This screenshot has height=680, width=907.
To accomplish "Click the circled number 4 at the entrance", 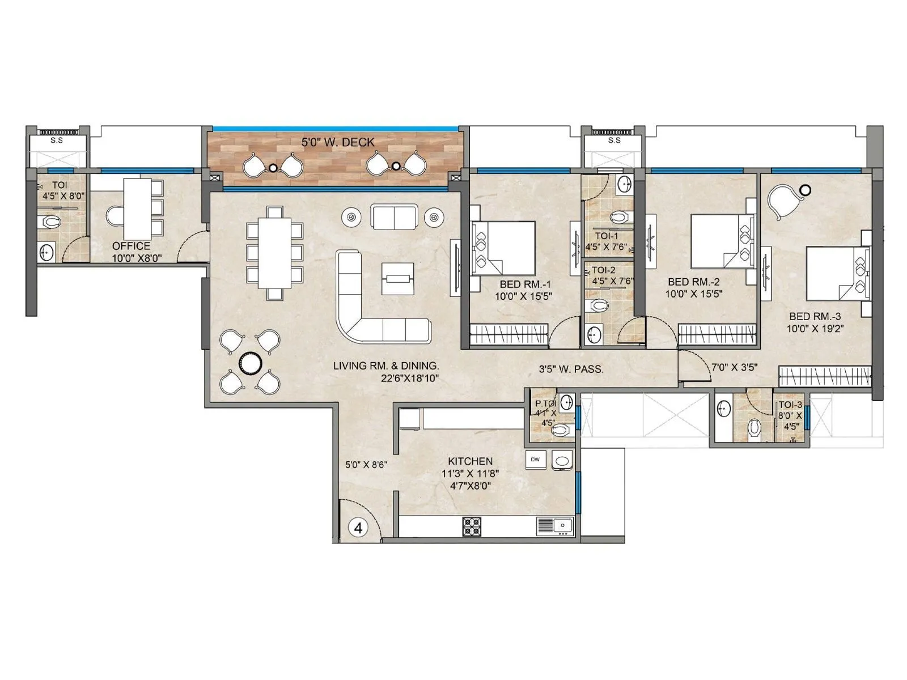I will pyautogui.click(x=358, y=528).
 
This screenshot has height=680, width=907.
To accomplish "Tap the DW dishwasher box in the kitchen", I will pyautogui.click(x=535, y=460).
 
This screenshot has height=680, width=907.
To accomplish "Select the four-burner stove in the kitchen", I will pyautogui.click(x=472, y=526).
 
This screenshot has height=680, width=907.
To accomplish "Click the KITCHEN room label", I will pyautogui.click(x=470, y=461).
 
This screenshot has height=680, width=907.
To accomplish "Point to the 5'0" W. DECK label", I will pyautogui.click(x=338, y=142).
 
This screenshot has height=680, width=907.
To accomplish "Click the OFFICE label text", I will pyautogui.click(x=131, y=246).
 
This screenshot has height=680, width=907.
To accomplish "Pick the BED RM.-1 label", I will pyautogui.click(x=525, y=284).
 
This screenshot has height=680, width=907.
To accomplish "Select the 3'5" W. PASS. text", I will pyautogui.click(x=571, y=369).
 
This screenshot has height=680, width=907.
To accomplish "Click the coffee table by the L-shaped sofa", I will pyautogui.click(x=397, y=278).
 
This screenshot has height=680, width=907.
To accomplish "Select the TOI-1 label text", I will pyautogui.click(x=607, y=236).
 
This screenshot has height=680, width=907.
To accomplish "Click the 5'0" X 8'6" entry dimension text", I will pyautogui.click(x=366, y=465).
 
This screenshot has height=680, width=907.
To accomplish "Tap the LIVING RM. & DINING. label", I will pyautogui.click(x=385, y=365).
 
